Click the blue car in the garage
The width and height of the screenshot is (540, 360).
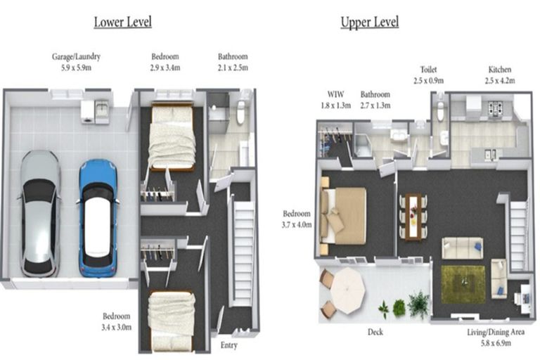(98, 218)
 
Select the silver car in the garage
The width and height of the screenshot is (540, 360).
(39, 214)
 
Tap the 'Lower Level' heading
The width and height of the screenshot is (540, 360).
(122, 22)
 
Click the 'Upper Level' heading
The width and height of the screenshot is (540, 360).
(370, 22)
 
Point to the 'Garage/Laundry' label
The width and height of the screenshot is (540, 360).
(76, 56)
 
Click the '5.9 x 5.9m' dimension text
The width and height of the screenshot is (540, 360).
(76, 67)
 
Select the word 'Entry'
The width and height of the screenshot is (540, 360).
(229, 345)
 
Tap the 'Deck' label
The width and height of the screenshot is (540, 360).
(375, 332)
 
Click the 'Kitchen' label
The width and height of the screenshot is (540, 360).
(500, 70)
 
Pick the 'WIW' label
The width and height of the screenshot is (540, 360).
(335, 94)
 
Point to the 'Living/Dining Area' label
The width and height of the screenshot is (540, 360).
(496, 332)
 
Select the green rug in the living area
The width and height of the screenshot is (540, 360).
(463, 284)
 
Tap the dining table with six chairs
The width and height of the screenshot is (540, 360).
(413, 217)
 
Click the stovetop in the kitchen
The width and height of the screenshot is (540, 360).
(496, 108)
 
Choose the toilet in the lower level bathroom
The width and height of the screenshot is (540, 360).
(240, 111)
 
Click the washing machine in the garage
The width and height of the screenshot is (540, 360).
(87, 112)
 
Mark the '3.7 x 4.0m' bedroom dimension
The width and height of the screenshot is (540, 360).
(297, 225)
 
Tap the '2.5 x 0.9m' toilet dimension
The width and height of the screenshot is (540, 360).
(428, 81)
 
